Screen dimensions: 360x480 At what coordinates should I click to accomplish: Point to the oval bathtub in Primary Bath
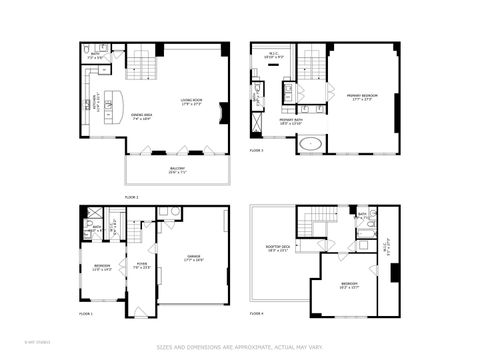311,144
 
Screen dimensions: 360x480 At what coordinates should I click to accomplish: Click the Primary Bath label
292,121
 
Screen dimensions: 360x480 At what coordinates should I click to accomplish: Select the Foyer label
142,265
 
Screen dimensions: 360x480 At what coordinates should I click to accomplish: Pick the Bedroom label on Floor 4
350,286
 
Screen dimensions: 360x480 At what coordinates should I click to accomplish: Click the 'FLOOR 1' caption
86,314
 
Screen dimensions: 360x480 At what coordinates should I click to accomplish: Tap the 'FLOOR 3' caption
257,150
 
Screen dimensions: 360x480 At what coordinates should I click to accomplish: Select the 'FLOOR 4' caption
257,314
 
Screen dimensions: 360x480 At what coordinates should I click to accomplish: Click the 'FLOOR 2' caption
131,197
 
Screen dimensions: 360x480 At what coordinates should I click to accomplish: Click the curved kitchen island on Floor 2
112,102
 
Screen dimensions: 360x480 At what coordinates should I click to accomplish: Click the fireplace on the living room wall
224,112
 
